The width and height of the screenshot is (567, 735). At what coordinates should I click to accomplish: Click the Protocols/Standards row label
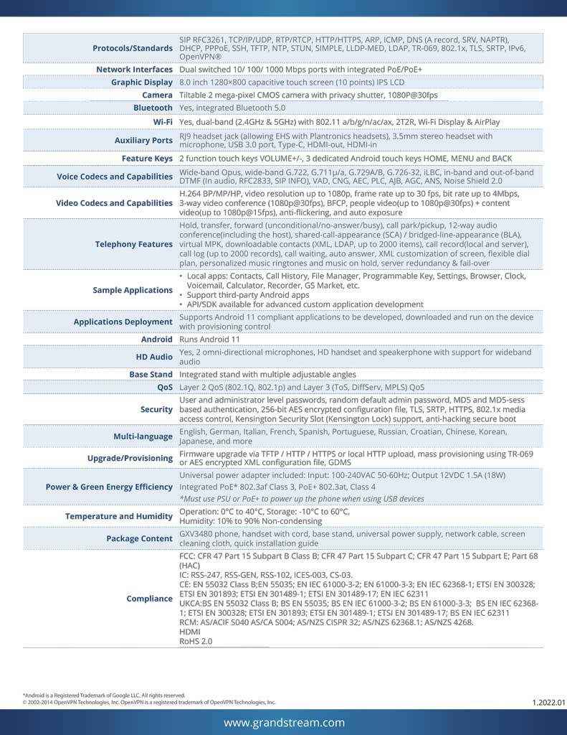click(x=133, y=48)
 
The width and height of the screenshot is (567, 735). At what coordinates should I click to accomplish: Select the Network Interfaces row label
click(x=135, y=70)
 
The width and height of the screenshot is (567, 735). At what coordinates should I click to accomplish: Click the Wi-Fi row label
click(x=163, y=121)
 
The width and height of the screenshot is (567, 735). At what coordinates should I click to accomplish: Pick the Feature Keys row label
click(x=147, y=158)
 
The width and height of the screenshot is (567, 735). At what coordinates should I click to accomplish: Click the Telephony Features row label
click(x=134, y=245)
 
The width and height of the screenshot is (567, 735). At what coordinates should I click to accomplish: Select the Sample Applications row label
click(x=133, y=290)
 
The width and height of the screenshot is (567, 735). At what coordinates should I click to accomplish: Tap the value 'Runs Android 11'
click(x=209, y=339)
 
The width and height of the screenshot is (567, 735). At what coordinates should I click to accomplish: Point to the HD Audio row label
click(x=154, y=357)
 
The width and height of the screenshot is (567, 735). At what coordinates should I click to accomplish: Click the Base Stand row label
click(x=151, y=374)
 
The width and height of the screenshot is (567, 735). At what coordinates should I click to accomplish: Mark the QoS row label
click(x=165, y=386)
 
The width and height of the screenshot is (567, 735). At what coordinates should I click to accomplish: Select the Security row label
click(x=156, y=409)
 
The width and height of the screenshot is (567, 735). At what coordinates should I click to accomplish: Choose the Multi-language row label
click(x=143, y=436)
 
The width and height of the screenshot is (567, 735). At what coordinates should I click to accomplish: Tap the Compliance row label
click(x=149, y=599)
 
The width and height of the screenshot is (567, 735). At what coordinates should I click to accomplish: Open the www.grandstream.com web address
click(x=284, y=723)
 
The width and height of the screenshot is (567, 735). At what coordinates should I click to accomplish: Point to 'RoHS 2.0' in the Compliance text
click(x=196, y=641)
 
